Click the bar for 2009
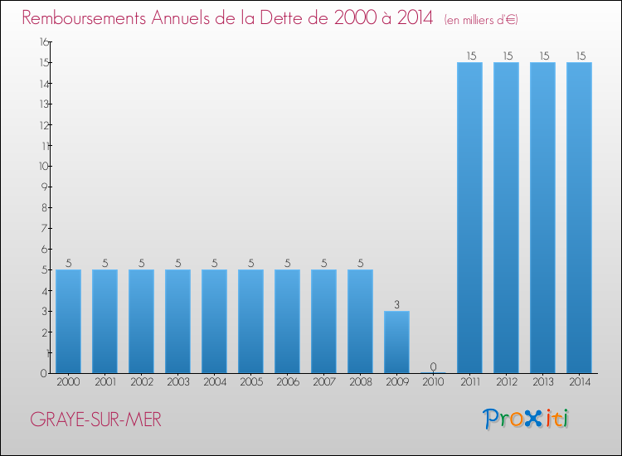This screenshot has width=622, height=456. tap(396, 342)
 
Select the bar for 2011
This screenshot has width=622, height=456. tap(469, 218)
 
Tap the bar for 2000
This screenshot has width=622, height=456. tap(68, 322)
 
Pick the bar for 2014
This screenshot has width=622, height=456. tap(579, 218)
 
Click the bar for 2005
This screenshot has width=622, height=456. tap(250, 322)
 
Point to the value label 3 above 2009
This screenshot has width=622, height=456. tap(396, 304)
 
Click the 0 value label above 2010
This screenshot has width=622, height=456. tap(433, 366)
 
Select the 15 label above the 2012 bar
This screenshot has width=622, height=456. tap(508, 56)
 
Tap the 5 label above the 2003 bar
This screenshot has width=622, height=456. tap(178, 264)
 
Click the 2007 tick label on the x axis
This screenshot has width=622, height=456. tap(324, 382)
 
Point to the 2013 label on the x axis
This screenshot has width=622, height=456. tap(543, 382)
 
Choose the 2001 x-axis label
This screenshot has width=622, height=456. tap(105, 382)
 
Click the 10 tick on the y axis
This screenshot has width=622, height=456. tap(43, 166)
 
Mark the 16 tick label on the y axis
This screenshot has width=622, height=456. tap(44, 41)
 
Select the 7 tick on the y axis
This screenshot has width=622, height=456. tap(45, 228)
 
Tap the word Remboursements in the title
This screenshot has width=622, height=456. tap(84, 17)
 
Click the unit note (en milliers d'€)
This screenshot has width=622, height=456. tap(481, 19)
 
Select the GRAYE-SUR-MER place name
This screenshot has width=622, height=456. tap(95, 420)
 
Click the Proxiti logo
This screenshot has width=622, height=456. tap(526, 419)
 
